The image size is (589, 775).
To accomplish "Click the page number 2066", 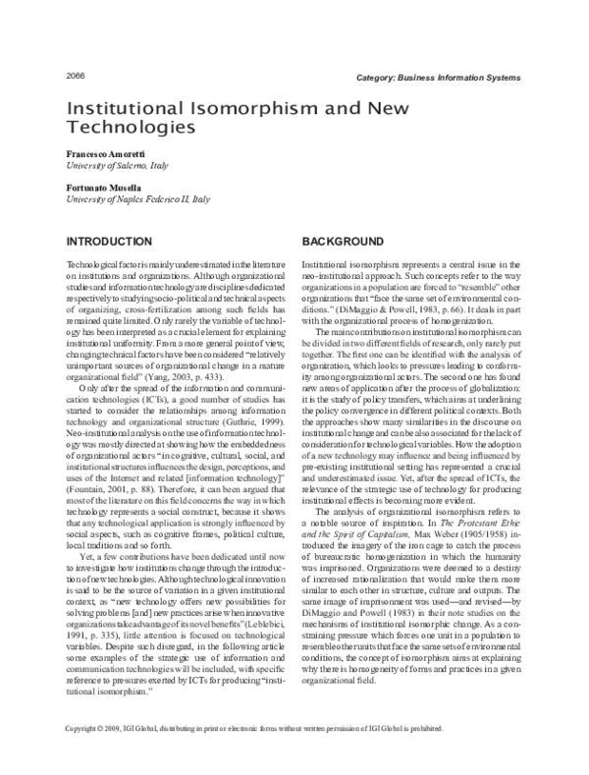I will pos(74,77).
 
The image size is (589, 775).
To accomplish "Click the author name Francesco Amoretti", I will pos(106,155).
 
